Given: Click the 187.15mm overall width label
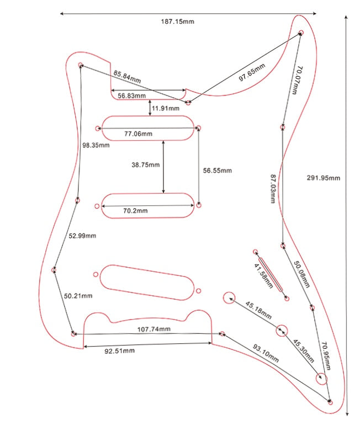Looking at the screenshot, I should (177, 22).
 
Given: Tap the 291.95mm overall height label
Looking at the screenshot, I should (324, 178).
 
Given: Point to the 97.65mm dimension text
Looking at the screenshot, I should (252, 72).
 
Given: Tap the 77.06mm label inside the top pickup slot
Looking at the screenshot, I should (139, 134).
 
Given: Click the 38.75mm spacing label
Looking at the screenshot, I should (145, 165).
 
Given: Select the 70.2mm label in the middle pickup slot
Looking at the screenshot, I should (135, 211).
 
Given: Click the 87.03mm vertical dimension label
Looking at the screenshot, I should (273, 189).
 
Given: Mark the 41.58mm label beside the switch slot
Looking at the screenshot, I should (263, 275).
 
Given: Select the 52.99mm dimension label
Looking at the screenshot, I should (82, 236).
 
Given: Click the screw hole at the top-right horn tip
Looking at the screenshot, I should (301, 33).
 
